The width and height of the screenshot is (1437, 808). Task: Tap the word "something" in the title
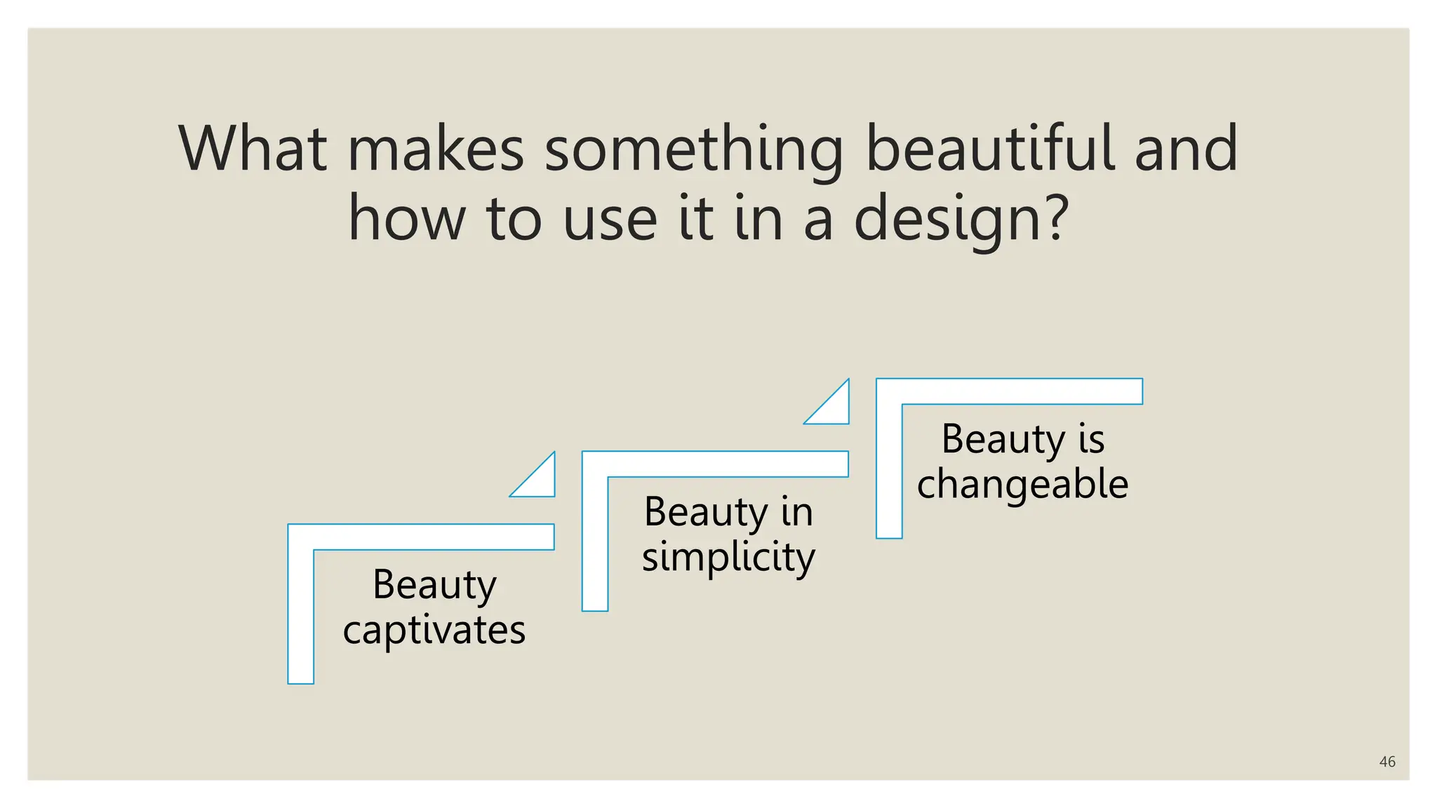pos(694,149)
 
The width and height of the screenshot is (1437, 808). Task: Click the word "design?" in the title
pos(961,220)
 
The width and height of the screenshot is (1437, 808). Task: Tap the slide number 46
pos(1386,762)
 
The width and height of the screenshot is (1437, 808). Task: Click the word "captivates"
pos(434,630)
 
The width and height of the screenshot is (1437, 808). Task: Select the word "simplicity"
pos(728,557)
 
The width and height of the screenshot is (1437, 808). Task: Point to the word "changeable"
pos(1022,484)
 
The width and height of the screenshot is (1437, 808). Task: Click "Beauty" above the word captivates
pos(434,584)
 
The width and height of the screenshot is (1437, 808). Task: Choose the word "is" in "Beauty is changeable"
pos(1091,439)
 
